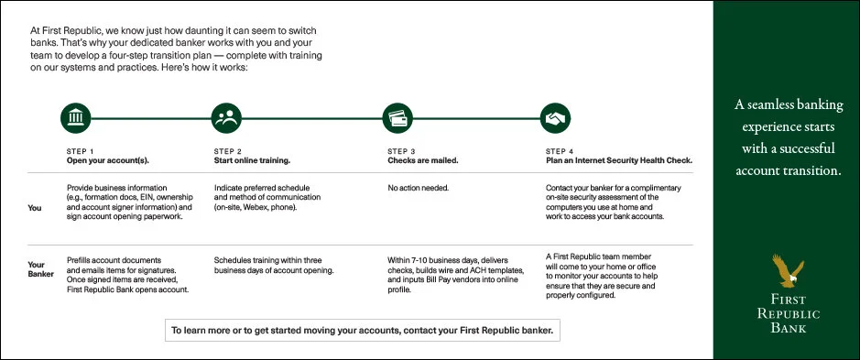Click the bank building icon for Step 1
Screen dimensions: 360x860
pyautogui.click(x=76, y=117)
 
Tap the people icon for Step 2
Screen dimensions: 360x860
pyautogui.click(x=226, y=117)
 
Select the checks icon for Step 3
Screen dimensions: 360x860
pyautogui.click(x=397, y=117)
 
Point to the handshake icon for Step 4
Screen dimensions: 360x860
pyautogui.click(x=554, y=117)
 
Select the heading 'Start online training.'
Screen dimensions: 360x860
pyautogui.click(x=252, y=159)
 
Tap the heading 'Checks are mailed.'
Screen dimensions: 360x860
pyautogui.click(x=423, y=159)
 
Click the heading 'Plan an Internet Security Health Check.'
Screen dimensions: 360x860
pyautogui.click(x=618, y=159)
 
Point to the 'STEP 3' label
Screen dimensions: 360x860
pyautogui.click(x=402, y=151)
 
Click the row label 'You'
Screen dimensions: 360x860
pyautogui.click(x=35, y=208)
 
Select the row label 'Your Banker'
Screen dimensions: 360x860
pyautogui.click(x=41, y=269)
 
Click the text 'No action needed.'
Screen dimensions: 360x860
pyautogui.click(x=418, y=188)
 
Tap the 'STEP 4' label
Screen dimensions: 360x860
pyautogui.click(x=560, y=151)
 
